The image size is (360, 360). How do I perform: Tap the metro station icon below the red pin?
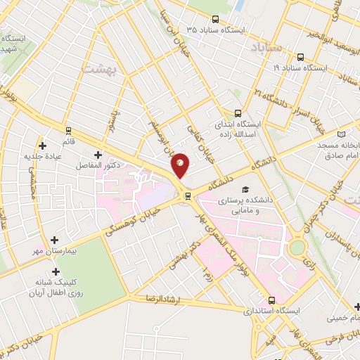pyautogui.click(x=187, y=195)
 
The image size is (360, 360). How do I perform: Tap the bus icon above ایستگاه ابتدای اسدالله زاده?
pyautogui.click(x=238, y=112)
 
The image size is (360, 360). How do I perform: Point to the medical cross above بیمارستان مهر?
pyautogui.click(x=54, y=240)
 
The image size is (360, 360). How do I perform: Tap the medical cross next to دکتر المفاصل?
pyautogui.click(x=97, y=154)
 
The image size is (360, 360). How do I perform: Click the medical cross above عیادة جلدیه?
pyautogui.click(x=44, y=146)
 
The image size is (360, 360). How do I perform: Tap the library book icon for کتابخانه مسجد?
pyautogui.click(x=342, y=134)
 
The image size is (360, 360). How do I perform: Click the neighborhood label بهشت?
pyautogui.click(x=97, y=69)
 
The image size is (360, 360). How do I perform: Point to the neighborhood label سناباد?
pyautogui.click(x=265, y=47)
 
